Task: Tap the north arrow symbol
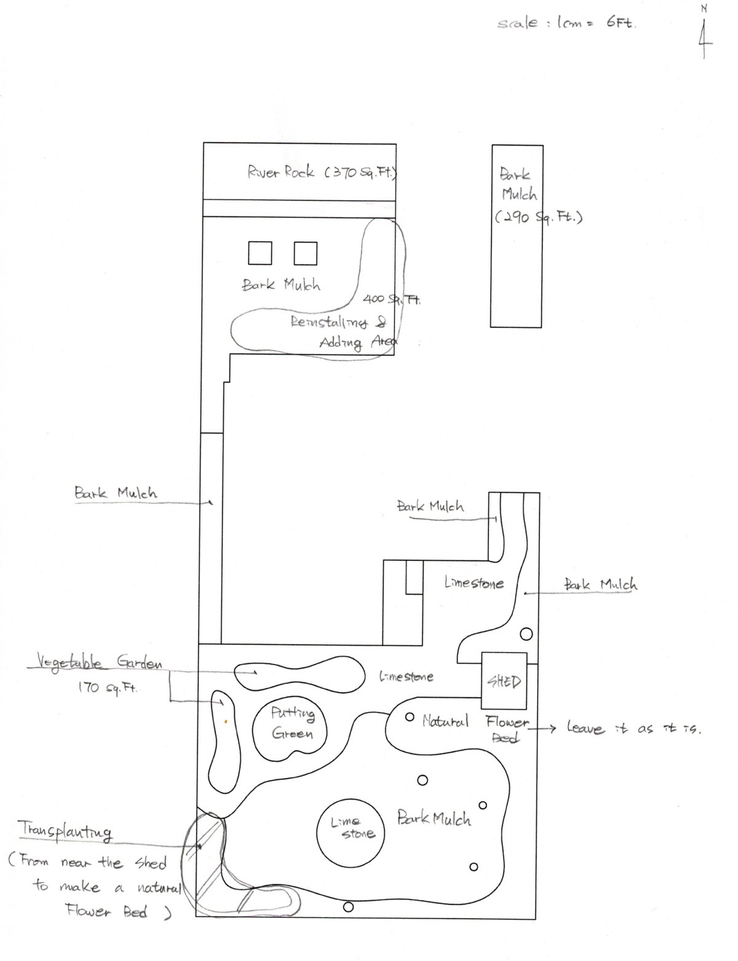click(x=704, y=37)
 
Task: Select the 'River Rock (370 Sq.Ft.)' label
click(x=322, y=172)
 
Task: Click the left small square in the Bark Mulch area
click(x=260, y=253)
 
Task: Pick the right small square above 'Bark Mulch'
click(x=306, y=253)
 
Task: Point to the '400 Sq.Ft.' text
click(x=391, y=299)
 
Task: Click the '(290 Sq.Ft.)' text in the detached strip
click(x=539, y=218)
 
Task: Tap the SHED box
click(x=504, y=681)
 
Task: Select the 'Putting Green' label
click(x=293, y=723)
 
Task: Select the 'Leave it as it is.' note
click(x=633, y=729)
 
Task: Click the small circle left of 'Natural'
click(x=410, y=717)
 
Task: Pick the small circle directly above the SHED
click(x=526, y=633)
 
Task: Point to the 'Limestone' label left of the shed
click(x=406, y=677)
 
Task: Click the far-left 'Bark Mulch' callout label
click(x=116, y=492)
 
